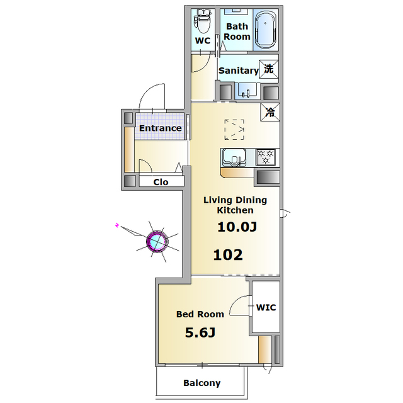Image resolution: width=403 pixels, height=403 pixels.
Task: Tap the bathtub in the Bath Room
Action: pos(266,30)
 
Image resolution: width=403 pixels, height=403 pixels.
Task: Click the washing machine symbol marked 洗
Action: pos(269,69)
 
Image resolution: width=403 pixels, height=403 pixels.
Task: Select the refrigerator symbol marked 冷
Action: pos(270,112)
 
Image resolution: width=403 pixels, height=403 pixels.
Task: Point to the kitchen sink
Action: pos(234,157)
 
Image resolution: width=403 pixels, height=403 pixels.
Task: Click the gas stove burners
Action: pos(266,157)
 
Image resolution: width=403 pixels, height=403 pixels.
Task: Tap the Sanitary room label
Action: pos(238,71)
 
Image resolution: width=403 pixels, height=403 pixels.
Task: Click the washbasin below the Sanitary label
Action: pos(246,91)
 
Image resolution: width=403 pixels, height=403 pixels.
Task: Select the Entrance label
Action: pos(161,128)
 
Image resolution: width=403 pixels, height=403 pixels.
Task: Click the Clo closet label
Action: pos(161,182)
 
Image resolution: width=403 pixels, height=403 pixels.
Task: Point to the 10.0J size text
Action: pos(237,227)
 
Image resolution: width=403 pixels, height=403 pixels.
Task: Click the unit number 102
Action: pos(228,255)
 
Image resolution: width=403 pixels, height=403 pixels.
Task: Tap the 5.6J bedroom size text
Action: pos(200,333)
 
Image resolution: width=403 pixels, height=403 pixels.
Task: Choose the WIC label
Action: pos(266,307)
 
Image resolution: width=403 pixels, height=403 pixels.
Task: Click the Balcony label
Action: pos(202,383)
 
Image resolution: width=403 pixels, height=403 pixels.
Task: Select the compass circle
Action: pos(157,241)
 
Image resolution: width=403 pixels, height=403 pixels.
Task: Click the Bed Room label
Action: pos(200,314)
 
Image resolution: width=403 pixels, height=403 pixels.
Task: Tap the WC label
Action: pos(203,40)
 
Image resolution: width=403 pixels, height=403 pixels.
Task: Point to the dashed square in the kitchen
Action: pos(234,130)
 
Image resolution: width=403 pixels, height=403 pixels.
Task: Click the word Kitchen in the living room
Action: pos(235,210)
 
